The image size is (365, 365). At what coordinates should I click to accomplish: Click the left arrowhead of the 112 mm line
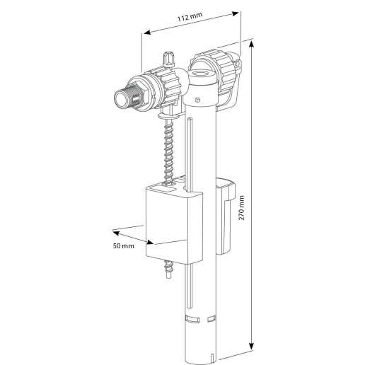pos(145,32)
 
